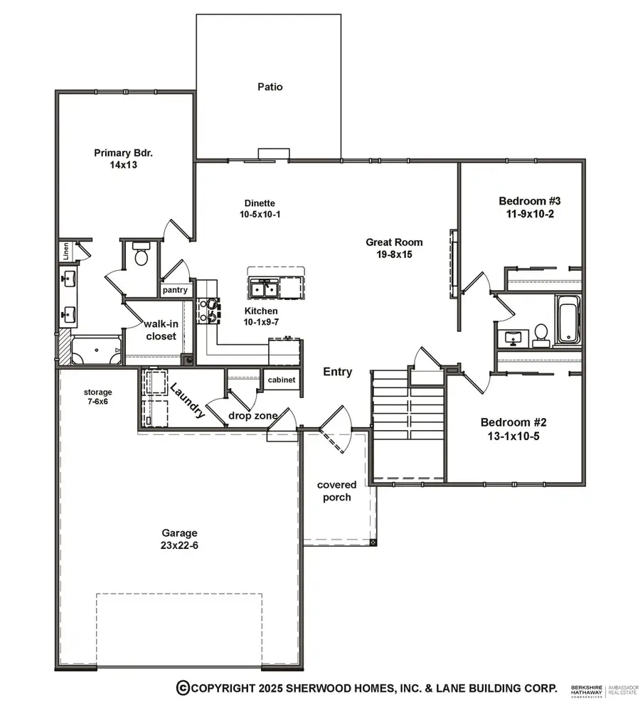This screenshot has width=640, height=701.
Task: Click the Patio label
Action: [x=270, y=87]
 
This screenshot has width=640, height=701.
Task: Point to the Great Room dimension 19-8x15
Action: [x=389, y=253]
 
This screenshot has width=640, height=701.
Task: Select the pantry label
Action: [x=174, y=289]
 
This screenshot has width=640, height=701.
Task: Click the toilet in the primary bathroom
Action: [x=141, y=254]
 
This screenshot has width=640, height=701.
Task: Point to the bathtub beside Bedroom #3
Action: [x=567, y=320]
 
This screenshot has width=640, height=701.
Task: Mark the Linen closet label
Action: [x=65, y=250]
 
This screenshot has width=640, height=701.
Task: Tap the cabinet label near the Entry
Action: [x=282, y=380]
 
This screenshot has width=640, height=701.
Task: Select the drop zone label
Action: [x=252, y=415]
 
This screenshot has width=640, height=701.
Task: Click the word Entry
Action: [x=337, y=371]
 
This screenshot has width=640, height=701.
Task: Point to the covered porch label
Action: [x=336, y=491]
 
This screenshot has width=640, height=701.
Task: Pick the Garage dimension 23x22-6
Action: [x=178, y=545]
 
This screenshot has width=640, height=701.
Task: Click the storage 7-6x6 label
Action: [x=97, y=397]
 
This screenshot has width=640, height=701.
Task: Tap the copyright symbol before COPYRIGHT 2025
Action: [x=183, y=687]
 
